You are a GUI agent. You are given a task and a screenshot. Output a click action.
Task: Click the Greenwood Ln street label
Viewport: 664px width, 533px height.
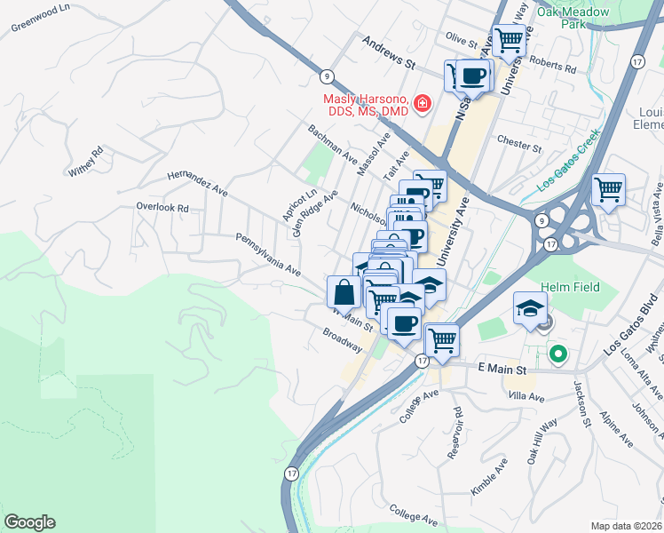(x=39, y=21)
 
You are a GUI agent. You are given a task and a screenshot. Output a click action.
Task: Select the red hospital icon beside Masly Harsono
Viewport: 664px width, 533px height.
(x=422, y=104)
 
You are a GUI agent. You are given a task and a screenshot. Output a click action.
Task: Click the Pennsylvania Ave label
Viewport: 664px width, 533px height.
(x=267, y=254)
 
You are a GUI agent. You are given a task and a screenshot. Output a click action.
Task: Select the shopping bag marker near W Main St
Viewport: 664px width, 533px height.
(x=344, y=290)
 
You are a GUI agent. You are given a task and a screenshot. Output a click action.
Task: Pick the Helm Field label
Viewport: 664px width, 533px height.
(x=571, y=287)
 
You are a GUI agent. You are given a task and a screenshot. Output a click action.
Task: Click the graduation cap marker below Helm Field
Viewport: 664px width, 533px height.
(x=529, y=308)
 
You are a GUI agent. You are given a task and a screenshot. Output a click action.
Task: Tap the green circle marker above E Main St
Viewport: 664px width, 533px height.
(x=557, y=354)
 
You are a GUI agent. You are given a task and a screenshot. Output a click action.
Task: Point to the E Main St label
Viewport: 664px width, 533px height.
(x=502, y=368)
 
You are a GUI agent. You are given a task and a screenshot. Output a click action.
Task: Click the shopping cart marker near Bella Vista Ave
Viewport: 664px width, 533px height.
(x=608, y=189)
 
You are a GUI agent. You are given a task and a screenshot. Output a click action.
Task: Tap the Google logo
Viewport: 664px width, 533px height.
(x=29, y=522)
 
